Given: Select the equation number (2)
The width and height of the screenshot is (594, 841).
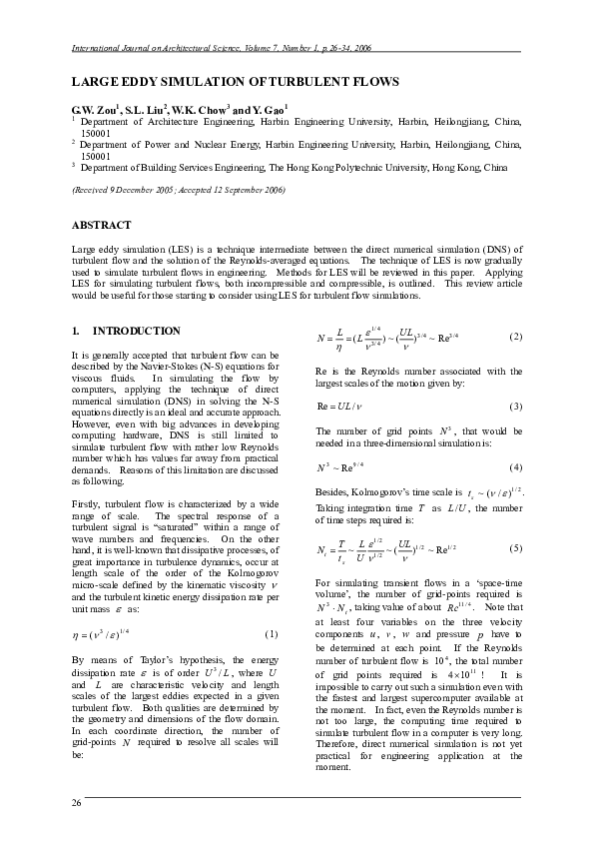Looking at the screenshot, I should coord(514,336).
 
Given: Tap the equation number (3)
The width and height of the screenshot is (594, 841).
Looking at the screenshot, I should coord(514,407).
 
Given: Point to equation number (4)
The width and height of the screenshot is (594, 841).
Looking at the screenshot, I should coord(514,467).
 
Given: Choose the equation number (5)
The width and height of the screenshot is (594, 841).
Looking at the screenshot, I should coord(514,548).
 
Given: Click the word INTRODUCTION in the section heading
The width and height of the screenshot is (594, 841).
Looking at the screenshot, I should coord(137,331).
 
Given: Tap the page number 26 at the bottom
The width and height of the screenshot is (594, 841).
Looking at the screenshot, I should coord(76,804).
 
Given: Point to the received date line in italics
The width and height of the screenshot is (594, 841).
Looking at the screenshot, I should coord(179,190).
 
